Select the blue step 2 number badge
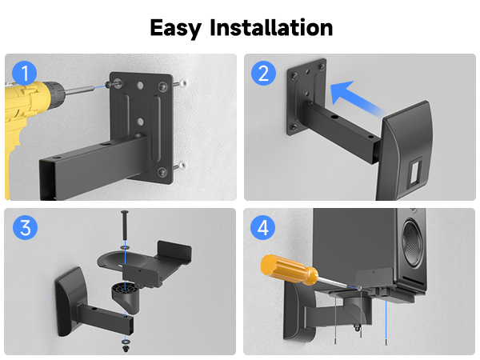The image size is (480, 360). tap(262, 74)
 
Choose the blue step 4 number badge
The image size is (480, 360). tap(262, 227)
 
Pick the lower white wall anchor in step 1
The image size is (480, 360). tap(184, 166)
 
